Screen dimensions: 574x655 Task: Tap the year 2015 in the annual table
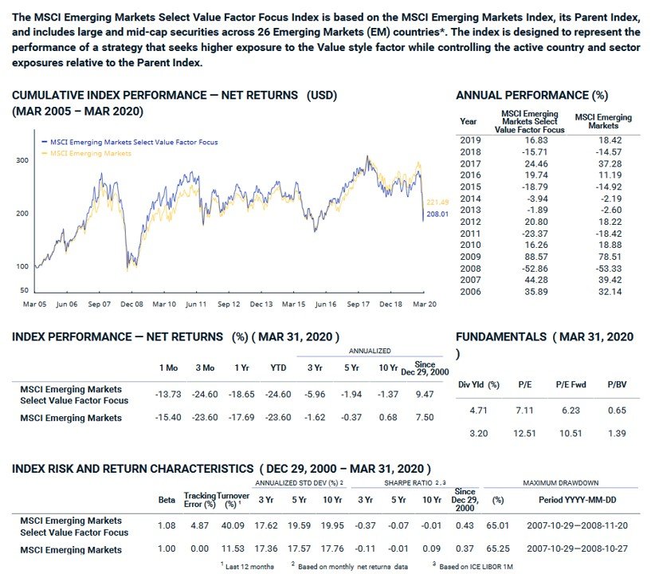coord(471,186)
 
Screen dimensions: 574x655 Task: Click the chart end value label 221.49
coord(439,201)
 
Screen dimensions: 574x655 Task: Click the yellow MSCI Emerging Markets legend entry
coord(89,153)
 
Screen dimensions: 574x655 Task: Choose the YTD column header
coord(279,368)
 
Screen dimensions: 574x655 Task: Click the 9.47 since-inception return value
coord(426,394)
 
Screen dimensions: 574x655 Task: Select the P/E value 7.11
coord(524,411)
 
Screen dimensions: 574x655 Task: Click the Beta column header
coord(167,500)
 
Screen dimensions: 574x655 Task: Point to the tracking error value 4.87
coord(200,525)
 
